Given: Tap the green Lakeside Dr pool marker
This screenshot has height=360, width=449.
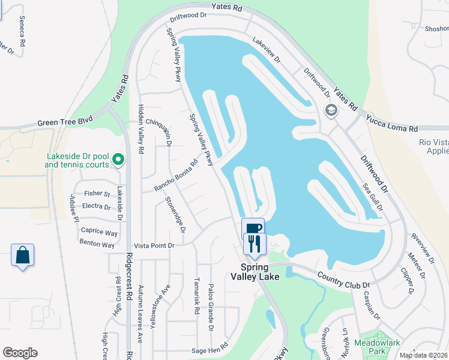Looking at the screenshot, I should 118,160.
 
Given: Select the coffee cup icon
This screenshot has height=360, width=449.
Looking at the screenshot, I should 253,229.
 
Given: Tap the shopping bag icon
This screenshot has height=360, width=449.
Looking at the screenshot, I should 23,255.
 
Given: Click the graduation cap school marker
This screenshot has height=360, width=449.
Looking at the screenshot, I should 330,110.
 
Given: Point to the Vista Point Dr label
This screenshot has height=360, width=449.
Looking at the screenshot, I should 154,245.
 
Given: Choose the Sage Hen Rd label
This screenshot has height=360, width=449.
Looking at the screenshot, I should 210,347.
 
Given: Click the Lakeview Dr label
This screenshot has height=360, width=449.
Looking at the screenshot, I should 267,52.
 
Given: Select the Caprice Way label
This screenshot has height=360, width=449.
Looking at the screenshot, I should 99,232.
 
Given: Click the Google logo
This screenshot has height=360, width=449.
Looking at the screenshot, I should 20,353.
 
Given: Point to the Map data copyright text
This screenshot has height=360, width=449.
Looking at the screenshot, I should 424,355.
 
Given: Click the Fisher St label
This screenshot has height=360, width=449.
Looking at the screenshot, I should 97,194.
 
